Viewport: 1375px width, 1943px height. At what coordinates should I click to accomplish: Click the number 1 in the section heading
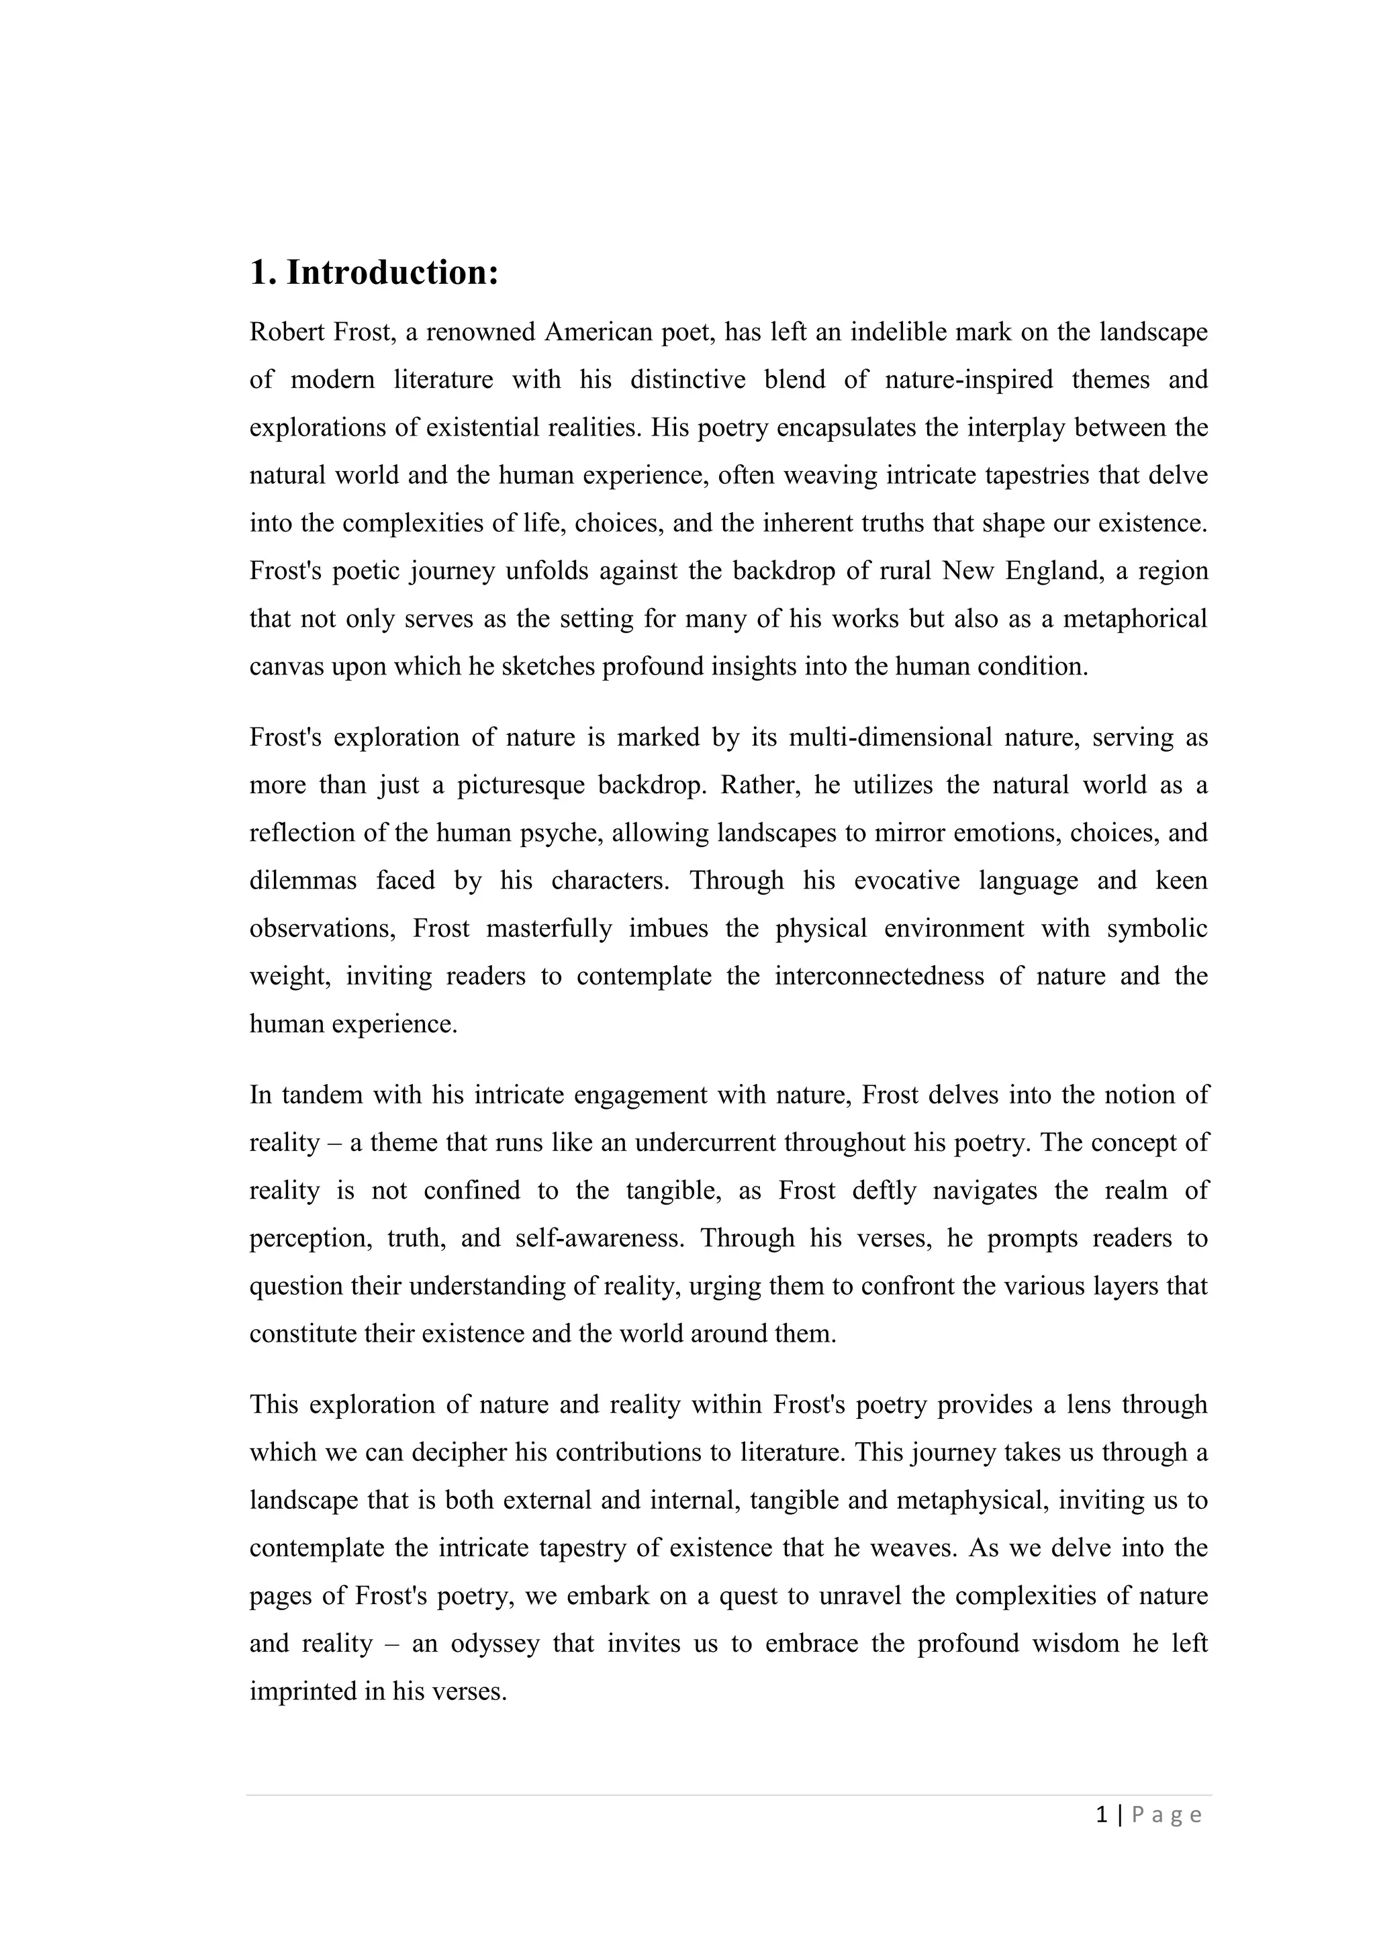coord(258,273)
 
